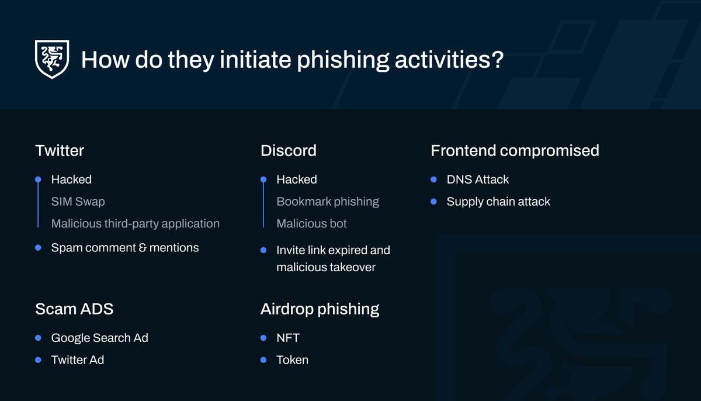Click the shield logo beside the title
[x=52, y=59]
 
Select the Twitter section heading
[x=60, y=151]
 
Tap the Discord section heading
[x=289, y=151]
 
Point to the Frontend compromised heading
[x=515, y=151]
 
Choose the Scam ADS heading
[x=74, y=309]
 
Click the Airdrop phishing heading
[x=320, y=309]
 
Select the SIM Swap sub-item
[x=78, y=202]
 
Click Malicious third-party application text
[x=135, y=223]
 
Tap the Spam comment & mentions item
[x=124, y=248]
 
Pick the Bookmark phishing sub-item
[x=328, y=202]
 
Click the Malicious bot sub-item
[x=311, y=223]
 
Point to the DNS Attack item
[x=477, y=179]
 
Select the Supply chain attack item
[x=498, y=202]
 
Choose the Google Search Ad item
[x=99, y=338]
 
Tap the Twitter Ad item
[x=77, y=360]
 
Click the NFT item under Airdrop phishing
[x=287, y=338]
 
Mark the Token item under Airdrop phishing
[x=292, y=360]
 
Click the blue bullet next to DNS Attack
[x=433, y=179]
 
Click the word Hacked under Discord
[x=296, y=179]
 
